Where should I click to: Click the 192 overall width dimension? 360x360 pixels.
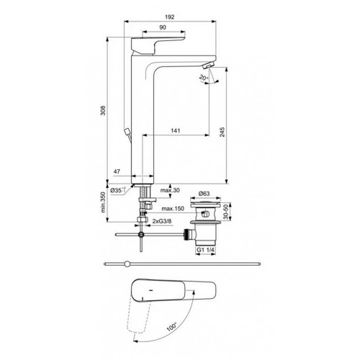(170, 17)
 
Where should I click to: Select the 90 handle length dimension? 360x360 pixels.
(163, 27)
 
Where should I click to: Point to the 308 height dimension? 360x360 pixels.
(103, 110)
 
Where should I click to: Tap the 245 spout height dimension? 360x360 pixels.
(222, 132)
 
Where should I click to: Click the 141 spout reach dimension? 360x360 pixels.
(176, 131)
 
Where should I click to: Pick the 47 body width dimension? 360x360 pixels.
(117, 171)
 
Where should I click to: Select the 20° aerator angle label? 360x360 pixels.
(203, 78)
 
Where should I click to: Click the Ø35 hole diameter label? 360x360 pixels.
(117, 190)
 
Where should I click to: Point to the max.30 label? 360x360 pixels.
(170, 190)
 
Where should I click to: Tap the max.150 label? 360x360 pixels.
(173, 209)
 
